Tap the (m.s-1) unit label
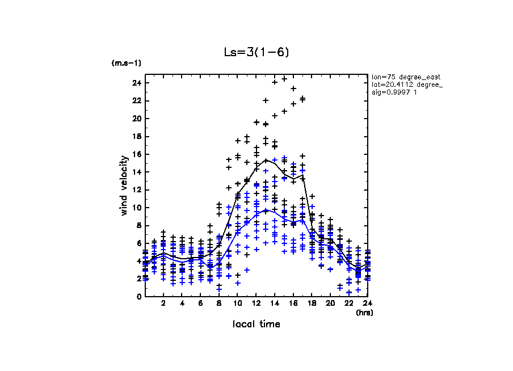[x=126, y=63]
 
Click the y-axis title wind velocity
[x=123, y=185]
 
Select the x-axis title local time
[x=256, y=324]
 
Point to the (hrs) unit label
[x=364, y=312]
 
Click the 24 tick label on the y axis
[x=136, y=83]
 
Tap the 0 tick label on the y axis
[x=138, y=297]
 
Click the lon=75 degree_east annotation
[x=406, y=77]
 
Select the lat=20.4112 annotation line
[x=407, y=85]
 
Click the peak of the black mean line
[x=266, y=159]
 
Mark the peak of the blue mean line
[x=266, y=210]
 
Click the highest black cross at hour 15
[x=284, y=79]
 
